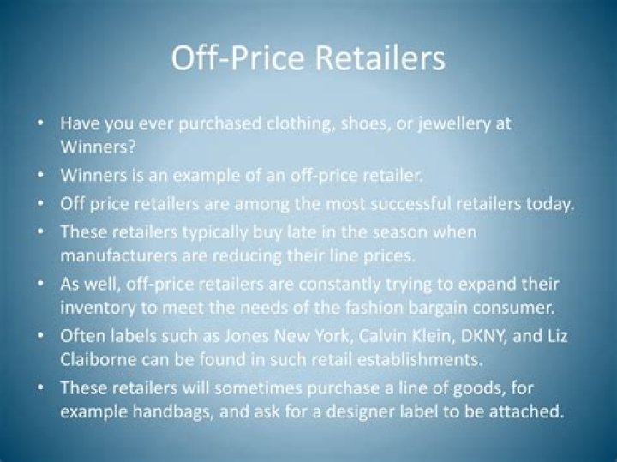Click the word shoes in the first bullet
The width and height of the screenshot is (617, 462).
click(x=350, y=123)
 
